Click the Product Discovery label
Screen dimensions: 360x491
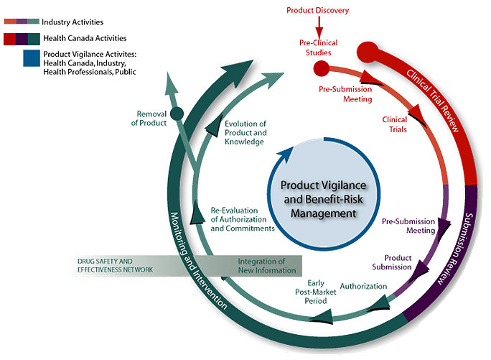pyautogui.click(x=317, y=10)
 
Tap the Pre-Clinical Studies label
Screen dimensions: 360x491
pyautogui.click(x=318, y=47)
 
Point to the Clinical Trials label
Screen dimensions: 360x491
pyautogui.click(x=394, y=125)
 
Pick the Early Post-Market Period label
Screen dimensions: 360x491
pyautogui.click(x=313, y=292)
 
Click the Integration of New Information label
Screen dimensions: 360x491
pyautogui.click(x=266, y=265)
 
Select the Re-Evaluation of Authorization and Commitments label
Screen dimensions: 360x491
pyautogui.click(x=242, y=218)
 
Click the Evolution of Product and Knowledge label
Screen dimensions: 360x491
pyautogui.click(x=245, y=133)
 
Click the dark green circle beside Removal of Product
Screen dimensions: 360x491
pyautogui.click(x=177, y=113)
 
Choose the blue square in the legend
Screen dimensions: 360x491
pyautogui.click(x=31, y=58)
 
